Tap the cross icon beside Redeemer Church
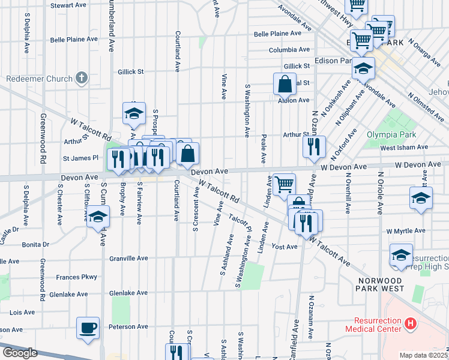click(82, 78)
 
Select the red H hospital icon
click(411, 325)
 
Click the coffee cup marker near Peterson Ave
click(88, 328)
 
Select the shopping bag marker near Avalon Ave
click(285, 84)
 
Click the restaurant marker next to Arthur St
click(314, 147)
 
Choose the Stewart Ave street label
click(68, 5)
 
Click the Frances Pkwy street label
click(76, 277)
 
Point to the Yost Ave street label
click(285, 247)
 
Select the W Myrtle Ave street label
click(406, 231)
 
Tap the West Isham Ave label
click(404, 147)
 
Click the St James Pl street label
click(80, 158)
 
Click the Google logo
click(20, 353)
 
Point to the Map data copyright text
click(424, 355)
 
